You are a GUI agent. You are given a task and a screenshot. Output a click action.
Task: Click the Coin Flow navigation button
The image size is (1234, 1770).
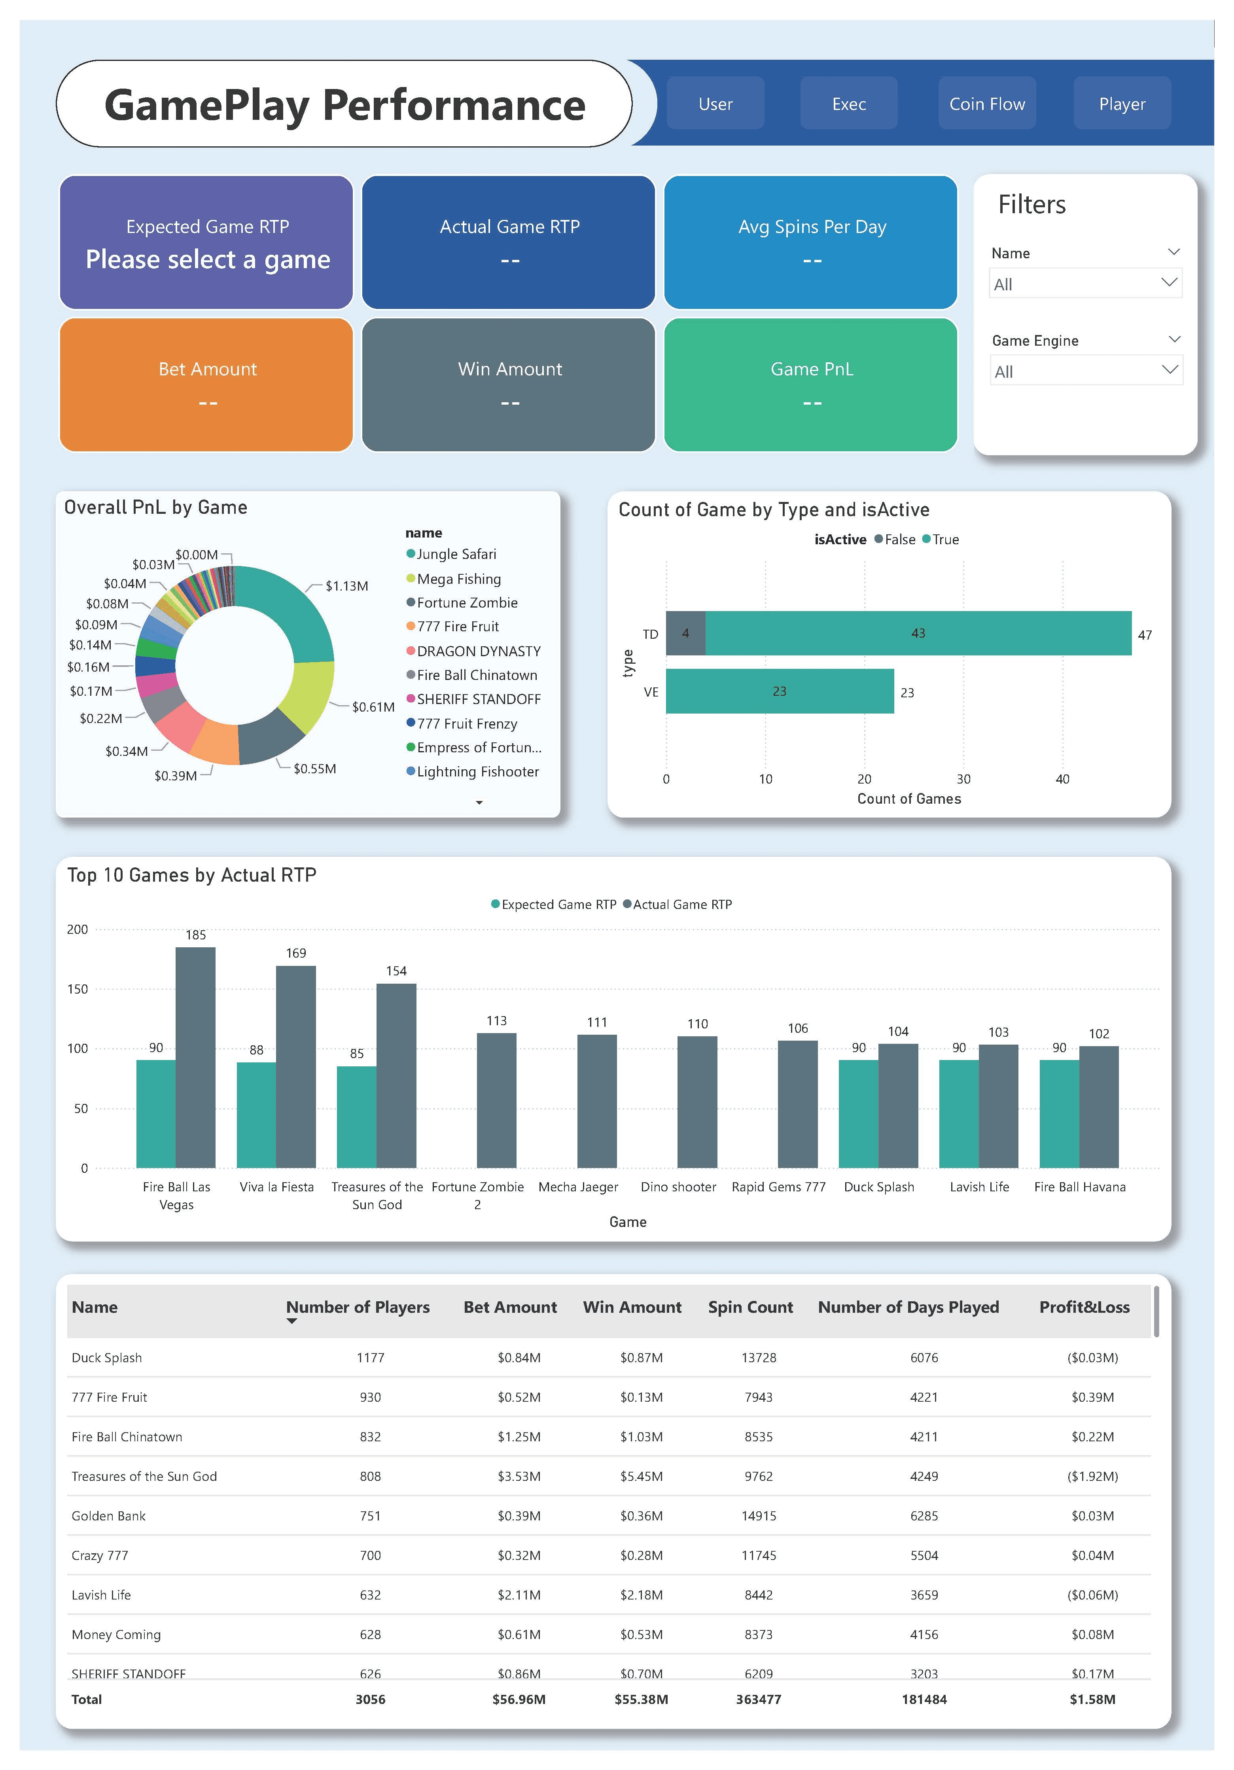click(x=986, y=103)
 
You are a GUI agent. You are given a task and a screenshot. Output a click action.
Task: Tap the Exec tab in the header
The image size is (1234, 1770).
click(x=849, y=103)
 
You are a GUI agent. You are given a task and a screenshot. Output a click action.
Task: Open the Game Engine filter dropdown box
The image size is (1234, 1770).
click(x=1085, y=371)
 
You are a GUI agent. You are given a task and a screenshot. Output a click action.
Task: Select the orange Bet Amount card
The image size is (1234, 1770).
click(x=206, y=385)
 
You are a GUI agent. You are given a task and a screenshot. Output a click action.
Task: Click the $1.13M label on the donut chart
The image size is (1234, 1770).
click(x=346, y=586)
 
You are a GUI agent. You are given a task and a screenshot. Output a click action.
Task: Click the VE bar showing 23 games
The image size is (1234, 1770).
click(x=779, y=691)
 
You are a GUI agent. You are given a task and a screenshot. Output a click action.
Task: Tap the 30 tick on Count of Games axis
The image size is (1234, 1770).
click(x=963, y=779)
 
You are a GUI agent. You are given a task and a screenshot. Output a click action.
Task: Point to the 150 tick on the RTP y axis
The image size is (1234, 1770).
click(x=78, y=989)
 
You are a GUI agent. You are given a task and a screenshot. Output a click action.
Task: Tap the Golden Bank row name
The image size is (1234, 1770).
click(x=109, y=1516)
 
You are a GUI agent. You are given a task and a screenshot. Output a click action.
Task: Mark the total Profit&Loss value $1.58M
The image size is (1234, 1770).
click(x=1092, y=1699)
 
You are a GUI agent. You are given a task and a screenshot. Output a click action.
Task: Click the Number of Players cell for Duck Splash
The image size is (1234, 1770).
click(x=370, y=1357)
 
